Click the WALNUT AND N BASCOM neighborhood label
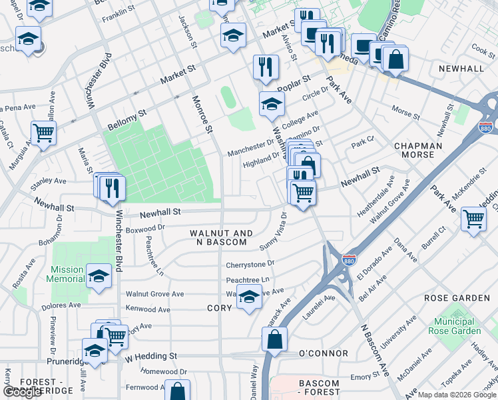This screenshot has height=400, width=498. (x=221, y=237)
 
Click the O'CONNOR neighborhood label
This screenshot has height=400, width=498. (x=324, y=353)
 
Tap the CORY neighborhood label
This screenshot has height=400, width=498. (x=219, y=309)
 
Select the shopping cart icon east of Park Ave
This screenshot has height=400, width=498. (x=473, y=218)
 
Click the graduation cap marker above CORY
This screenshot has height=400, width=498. (x=249, y=297)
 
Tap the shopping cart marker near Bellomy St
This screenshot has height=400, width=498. (x=43, y=132)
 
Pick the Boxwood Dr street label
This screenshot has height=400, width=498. (x=144, y=228)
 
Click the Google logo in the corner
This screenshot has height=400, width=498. (x=23, y=392)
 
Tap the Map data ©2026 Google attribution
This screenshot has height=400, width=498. (x=457, y=394)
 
